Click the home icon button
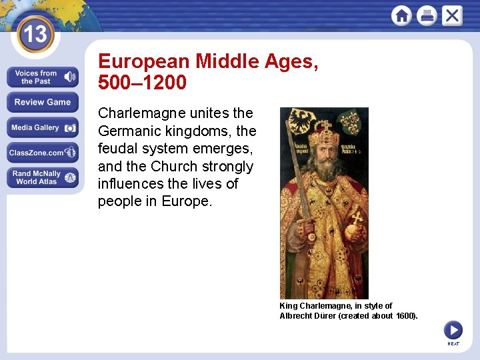401,15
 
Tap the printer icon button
427,15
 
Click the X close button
452,15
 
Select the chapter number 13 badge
34,34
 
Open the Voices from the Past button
43,77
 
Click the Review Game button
43,102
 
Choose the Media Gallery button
43,127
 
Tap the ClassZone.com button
43,153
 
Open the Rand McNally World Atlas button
43,177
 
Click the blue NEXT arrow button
453,329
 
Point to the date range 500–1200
142,83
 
